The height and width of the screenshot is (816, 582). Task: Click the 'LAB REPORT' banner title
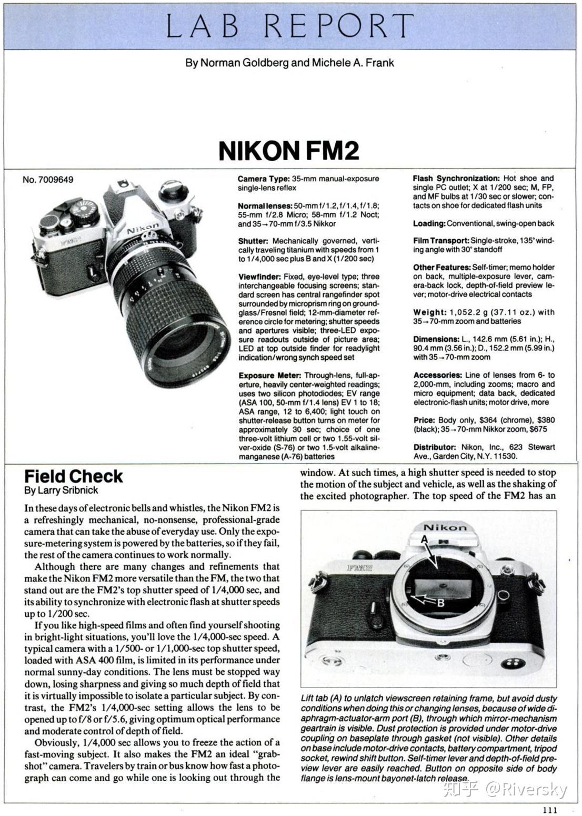tap(290, 26)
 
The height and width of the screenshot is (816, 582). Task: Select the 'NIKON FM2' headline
tap(289, 150)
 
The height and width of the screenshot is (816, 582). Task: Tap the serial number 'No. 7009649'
tap(48, 180)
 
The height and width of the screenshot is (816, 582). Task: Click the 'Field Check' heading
tap(73, 476)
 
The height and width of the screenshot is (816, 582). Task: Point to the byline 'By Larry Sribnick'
tap(61, 490)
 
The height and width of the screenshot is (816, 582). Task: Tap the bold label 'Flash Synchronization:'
tap(456, 179)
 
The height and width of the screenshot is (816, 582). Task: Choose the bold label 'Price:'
tap(424, 420)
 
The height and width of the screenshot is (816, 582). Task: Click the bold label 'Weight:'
tap(428, 312)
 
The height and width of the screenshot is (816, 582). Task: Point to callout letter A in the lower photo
tap(424, 538)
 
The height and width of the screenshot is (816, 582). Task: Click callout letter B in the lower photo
tap(441, 603)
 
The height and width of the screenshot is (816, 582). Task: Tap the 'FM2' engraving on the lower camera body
tap(360, 568)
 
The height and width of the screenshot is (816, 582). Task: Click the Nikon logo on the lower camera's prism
tap(445, 527)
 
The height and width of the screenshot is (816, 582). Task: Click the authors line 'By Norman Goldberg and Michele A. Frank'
tap(289, 63)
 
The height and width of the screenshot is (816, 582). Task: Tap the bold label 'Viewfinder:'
tap(260, 277)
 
